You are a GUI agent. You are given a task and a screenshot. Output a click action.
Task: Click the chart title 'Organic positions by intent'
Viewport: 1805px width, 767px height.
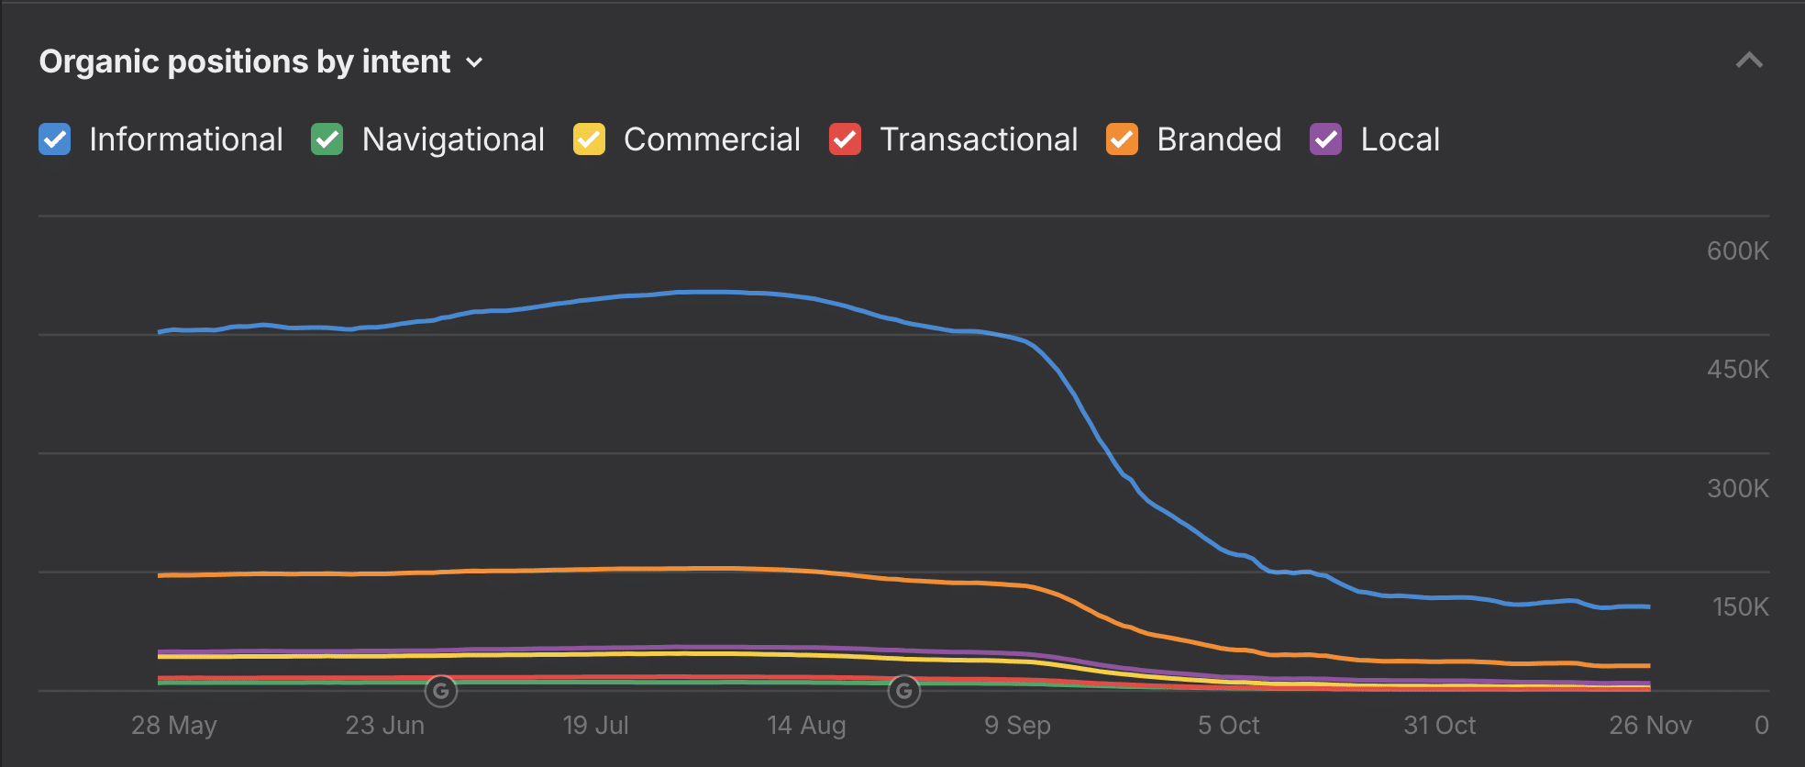(x=244, y=61)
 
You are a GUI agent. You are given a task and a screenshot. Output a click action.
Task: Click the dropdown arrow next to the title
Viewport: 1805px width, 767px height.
(x=474, y=62)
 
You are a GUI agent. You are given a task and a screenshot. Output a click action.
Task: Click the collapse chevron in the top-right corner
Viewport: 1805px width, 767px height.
(x=1749, y=61)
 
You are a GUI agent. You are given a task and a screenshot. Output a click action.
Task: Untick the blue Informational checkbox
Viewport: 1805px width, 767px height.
(x=55, y=139)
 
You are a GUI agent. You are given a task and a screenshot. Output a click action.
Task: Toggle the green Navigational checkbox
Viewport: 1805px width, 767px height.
(x=327, y=139)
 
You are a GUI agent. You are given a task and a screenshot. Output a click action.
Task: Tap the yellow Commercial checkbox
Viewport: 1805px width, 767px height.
(x=589, y=139)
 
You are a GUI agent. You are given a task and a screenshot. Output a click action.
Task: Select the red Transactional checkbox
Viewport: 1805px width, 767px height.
(x=845, y=139)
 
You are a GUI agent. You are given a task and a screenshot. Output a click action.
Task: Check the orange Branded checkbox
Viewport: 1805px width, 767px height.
(x=1122, y=139)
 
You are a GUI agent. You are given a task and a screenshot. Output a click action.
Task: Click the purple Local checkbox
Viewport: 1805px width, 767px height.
(x=1325, y=139)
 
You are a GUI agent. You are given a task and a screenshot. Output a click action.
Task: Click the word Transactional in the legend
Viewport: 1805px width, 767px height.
(x=979, y=139)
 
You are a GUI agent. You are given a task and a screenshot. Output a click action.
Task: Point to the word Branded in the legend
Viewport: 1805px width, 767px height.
(x=1219, y=139)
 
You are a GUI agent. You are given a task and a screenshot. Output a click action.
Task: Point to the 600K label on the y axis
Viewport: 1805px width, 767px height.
(x=1737, y=250)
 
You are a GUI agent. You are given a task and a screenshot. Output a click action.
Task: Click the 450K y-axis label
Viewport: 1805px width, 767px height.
(x=1737, y=369)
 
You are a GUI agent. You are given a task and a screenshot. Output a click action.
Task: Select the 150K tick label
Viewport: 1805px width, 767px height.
(x=1740, y=606)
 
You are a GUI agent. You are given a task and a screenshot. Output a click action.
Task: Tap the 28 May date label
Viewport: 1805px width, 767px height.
(x=174, y=725)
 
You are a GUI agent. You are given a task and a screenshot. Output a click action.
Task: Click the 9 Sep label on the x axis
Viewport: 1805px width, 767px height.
(x=1017, y=725)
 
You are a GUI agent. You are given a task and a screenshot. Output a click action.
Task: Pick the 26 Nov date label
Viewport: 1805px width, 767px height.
(x=1650, y=725)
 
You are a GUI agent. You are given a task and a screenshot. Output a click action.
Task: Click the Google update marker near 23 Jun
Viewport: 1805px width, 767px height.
(x=441, y=691)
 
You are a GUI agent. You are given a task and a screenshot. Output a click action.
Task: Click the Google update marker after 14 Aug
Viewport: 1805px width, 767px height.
(x=904, y=691)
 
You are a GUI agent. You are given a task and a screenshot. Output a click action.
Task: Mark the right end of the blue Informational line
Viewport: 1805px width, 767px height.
(x=1648, y=606)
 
